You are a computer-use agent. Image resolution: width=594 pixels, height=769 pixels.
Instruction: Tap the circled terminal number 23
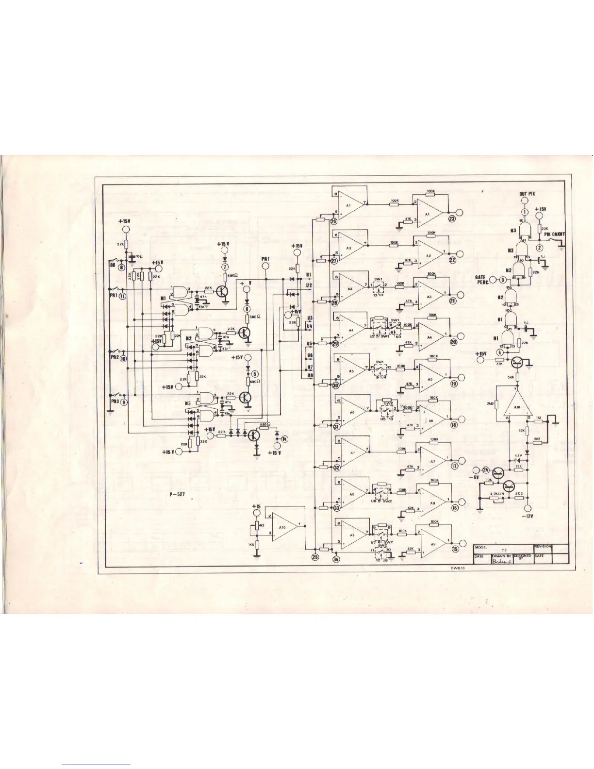click(452, 219)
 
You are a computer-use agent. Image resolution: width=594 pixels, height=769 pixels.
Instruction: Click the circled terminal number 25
click(315, 558)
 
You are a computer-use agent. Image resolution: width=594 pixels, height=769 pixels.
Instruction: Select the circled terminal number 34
click(337, 559)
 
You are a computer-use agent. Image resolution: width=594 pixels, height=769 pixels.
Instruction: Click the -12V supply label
click(528, 516)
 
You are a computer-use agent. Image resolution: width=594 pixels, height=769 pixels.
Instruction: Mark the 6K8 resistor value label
click(537, 440)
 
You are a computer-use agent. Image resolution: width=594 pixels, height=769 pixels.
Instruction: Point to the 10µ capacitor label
click(138, 255)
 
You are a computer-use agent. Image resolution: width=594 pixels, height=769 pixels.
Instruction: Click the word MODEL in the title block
click(481, 546)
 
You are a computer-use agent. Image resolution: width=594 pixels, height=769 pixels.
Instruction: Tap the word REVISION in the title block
click(543, 546)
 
